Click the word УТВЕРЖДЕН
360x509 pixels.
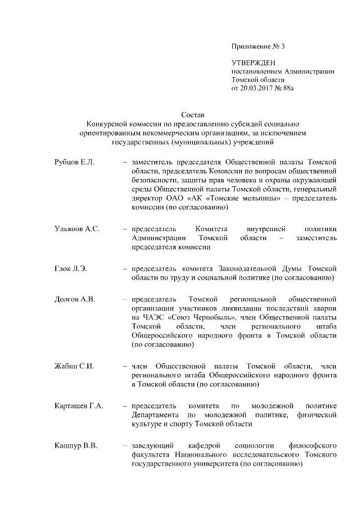[x=254, y=62]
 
